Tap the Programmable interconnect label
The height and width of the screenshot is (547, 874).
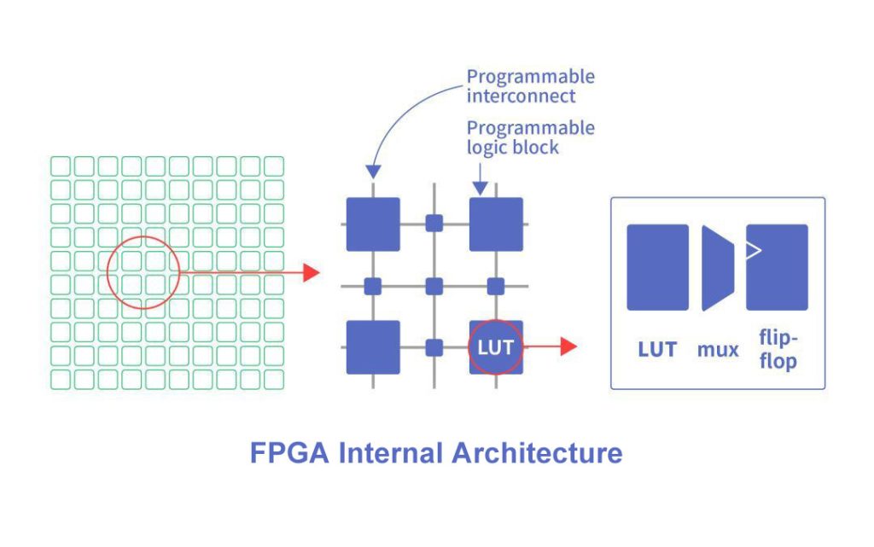click(530, 86)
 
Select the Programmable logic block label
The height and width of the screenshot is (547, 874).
click(530, 137)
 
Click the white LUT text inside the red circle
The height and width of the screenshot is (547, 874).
click(495, 347)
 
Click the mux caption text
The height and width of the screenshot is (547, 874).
click(717, 348)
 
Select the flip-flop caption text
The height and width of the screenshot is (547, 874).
click(777, 350)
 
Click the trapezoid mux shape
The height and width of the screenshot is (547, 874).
click(716, 267)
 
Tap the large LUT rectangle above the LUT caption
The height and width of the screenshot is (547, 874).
click(657, 267)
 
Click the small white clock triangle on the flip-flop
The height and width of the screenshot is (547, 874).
click(752, 250)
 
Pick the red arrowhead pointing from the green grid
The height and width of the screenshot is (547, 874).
click(312, 273)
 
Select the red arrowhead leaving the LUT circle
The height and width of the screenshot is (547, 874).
click(568, 346)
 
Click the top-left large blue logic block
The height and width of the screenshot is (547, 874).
click(373, 224)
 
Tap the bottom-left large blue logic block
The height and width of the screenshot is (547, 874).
click(373, 346)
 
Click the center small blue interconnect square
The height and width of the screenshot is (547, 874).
click(434, 285)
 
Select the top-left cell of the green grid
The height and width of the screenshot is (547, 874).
click(61, 166)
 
